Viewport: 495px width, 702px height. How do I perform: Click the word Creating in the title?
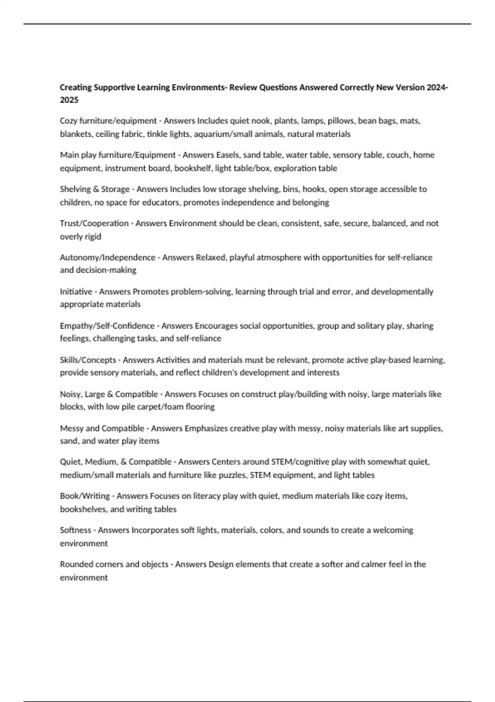(76, 88)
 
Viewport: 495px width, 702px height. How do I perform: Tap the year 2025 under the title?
(69, 100)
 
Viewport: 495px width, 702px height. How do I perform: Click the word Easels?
(228, 155)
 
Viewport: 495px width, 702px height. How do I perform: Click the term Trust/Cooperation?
(94, 223)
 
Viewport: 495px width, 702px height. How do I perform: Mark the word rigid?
(92, 237)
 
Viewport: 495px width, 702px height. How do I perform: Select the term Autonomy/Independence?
(107, 258)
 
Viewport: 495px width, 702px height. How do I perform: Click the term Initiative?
(76, 292)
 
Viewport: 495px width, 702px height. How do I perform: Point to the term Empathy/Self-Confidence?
(107, 326)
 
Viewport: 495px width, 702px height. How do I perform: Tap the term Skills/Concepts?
(88, 360)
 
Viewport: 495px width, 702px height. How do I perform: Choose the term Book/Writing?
(85, 496)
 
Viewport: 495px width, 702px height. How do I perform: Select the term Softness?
(75, 530)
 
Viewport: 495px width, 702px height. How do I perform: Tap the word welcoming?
(393, 530)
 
